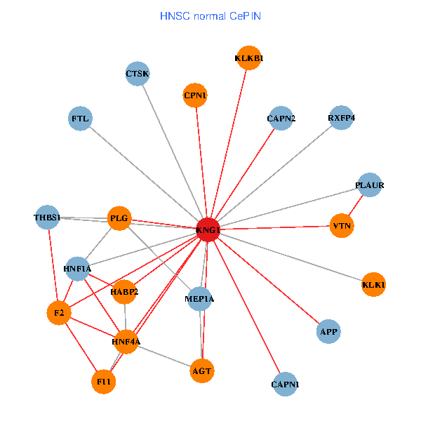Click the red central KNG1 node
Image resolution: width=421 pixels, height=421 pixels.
208,229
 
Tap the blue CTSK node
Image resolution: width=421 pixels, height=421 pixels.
138,73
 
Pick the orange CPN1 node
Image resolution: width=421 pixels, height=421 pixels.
195,95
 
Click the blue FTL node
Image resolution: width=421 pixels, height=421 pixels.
81,119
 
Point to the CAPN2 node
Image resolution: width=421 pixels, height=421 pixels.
281,119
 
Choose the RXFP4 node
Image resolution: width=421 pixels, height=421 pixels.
341,118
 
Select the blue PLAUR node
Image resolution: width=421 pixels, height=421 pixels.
370,185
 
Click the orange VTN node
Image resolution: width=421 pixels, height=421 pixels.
342,226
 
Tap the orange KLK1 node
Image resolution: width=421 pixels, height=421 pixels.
374,285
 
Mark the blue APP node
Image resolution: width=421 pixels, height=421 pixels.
328,331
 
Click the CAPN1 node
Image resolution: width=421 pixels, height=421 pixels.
284,385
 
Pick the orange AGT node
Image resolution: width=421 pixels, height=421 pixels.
201,370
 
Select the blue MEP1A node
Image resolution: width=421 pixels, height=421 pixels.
199,300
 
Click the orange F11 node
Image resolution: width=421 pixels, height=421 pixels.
104,382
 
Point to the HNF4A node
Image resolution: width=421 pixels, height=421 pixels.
126,342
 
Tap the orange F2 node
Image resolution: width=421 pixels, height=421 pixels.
59,313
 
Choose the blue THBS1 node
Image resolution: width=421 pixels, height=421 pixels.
47,217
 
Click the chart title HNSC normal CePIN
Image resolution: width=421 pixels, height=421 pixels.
210,15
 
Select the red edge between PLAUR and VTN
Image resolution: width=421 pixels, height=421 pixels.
356,206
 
